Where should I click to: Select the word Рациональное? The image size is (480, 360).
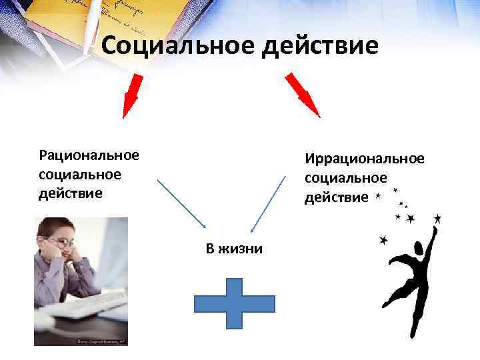tap(89, 155)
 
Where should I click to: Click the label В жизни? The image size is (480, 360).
tap(234, 249)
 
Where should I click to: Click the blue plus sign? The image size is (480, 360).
tap(234, 303)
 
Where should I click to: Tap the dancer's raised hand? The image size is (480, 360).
tap(434, 230)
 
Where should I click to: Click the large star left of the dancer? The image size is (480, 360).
tap(384, 241)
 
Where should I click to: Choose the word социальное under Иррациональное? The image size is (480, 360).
tap(346, 178)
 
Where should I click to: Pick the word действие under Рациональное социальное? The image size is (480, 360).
tap(71, 193)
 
